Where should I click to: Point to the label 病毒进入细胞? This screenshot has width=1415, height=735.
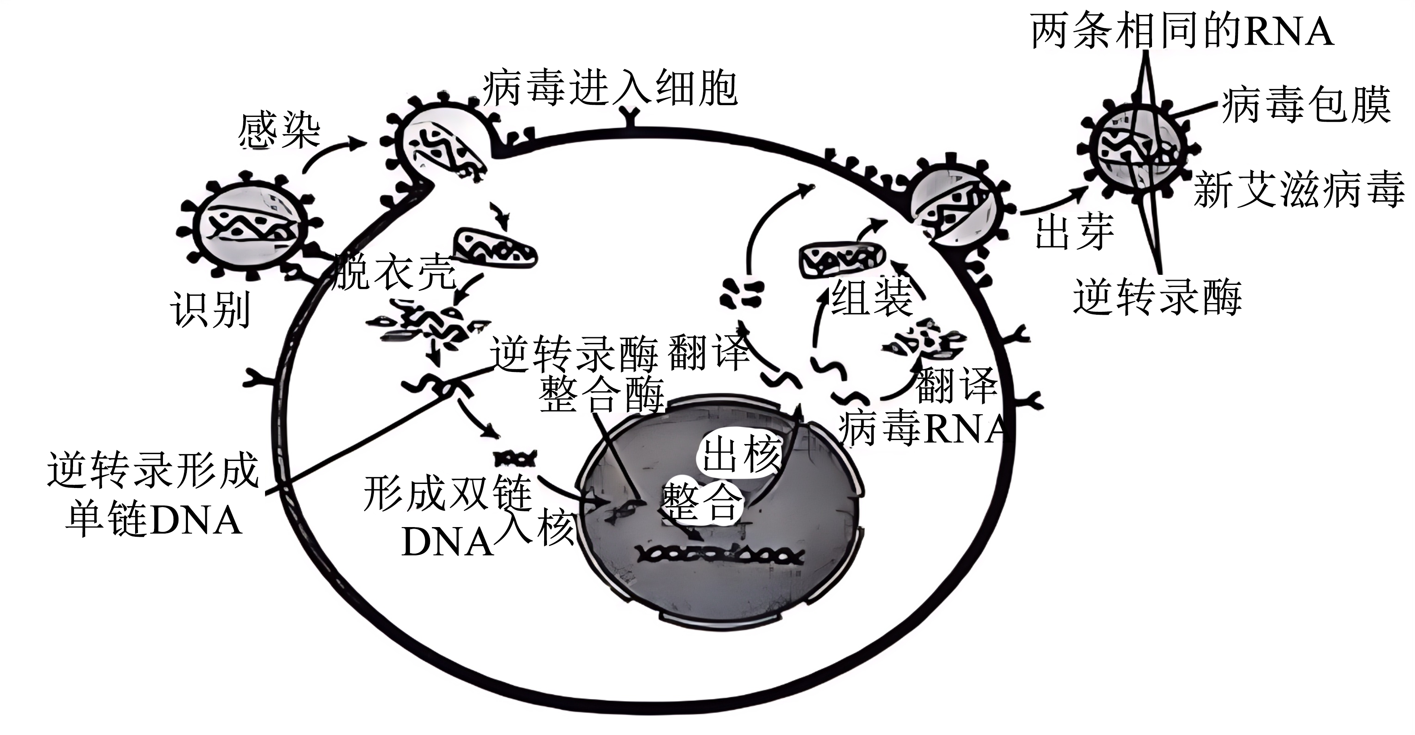coord(610,88)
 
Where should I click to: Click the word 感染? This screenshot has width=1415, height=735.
coord(279,131)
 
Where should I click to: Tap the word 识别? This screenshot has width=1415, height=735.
coord(211,309)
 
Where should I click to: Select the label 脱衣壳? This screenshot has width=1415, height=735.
coord(394,272)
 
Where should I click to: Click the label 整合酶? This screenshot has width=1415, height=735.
coord(601,394)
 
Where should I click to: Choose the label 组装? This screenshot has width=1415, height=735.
coord(871,297)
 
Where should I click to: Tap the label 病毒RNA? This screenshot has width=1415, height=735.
coord(923,429)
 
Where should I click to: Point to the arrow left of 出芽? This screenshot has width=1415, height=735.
coord(1052,202)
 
